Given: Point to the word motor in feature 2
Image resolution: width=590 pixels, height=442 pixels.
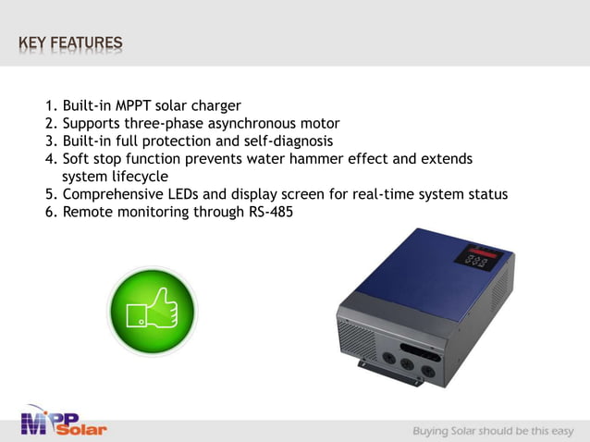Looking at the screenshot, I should point(319,123).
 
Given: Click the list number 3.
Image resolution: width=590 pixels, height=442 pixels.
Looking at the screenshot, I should point(51,141).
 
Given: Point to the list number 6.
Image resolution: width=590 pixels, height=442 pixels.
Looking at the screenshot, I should point(51,213).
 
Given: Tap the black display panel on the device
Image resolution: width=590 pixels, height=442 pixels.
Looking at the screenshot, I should point(477,256).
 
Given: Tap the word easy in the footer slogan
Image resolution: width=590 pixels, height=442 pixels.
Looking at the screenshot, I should point(559,431).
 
